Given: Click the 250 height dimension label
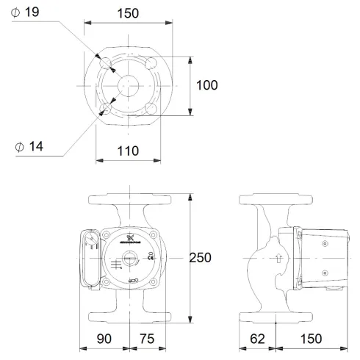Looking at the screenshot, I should pyautogui.click(x=199, y=258).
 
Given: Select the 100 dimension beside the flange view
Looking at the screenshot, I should pyautogui.click(x=206, y=85).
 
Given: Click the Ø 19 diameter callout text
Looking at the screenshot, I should pyautogui.click(x=29, y=12).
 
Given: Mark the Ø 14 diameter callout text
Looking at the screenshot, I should pyautogui.click(x=29, y=146).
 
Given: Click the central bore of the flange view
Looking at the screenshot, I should pyautogui.click(x=129, y=85).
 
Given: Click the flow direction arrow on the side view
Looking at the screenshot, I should pyautogui.click(x=278, y=258).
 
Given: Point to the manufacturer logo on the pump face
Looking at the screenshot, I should pyautogui.click(x=129, y=237).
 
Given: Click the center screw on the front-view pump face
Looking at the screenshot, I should pyautogui.click(x=129, y=259).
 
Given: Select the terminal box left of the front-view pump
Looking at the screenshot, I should pyautogui.click(x=90, y=258).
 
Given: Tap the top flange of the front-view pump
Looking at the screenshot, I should pyautogui.click(x=129, y=200).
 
